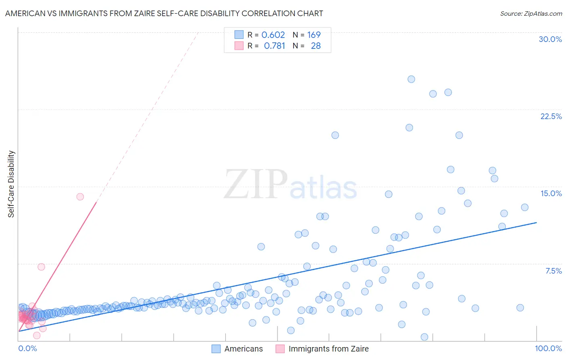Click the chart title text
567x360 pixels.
(x=164, y=13)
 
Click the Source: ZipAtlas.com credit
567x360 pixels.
(x=531, y=13)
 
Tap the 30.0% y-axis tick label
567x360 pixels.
(x=550, y=39)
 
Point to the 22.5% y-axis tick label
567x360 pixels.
(x=551, y=116)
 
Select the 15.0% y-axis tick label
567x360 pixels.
(x=551, y=193)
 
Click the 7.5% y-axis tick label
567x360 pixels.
(x=553, y=271)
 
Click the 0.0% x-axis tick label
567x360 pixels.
(x=27, y=348)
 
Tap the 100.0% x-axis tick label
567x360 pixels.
(x=548, y=348)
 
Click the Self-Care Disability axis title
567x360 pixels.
(x=11, y=184)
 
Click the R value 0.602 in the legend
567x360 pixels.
(x=273, y=35)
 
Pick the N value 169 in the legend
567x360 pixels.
(x=314, y=35)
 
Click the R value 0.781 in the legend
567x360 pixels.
(x=274, y=46)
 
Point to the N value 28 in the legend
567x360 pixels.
(x=316, y=46)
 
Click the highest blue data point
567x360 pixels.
(x=411, y=79)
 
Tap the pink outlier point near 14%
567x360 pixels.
(x=80, y=197)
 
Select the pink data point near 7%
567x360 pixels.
(x=41, y=267)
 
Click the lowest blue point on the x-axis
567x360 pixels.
(x=424, y=337)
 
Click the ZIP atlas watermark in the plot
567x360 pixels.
(x=290, y=184)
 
